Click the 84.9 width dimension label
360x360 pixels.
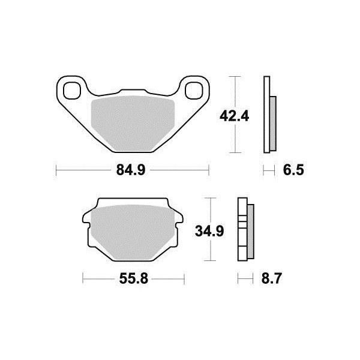click(x=131, y=170)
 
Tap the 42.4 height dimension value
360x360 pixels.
click(x=234, y=116)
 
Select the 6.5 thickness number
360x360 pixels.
click(x=293, y=170)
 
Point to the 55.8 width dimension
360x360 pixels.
click(x=134, y=279)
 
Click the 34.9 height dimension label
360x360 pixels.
click(x=209, y=231)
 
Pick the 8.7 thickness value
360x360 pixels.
click(x=271, y=279)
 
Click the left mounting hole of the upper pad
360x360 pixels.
click(x=72, y=91)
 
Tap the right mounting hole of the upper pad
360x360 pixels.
click(x=194, y=91)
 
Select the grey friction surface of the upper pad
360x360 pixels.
click(x=133, y=123)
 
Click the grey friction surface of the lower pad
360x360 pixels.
click(x=133, y=232)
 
